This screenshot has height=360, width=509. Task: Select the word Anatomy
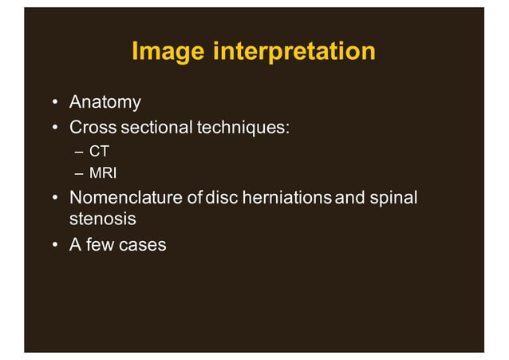point(105,103)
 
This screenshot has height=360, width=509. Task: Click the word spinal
point(393,196)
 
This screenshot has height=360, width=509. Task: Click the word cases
point(143,244)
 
